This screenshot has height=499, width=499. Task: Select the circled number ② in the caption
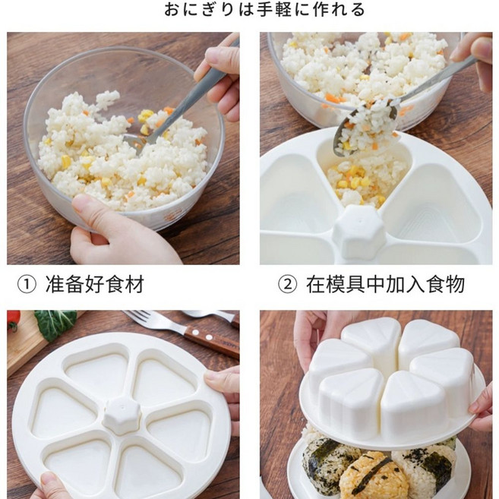click(x=286, y=286)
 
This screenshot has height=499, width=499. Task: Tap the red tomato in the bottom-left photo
click(x=13, y=321)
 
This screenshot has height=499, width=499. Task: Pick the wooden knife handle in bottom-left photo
click(x=217, y=343)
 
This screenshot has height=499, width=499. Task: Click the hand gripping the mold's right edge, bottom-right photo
click(x=482, y=410)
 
